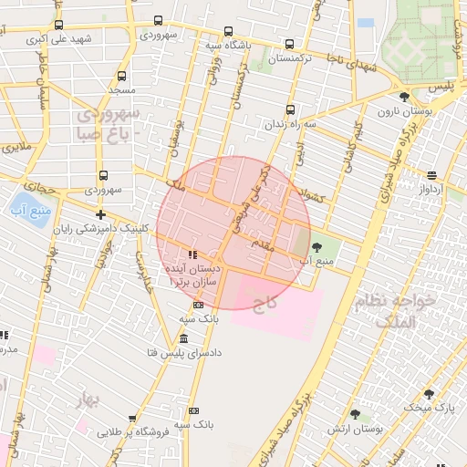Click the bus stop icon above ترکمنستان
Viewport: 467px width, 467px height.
pos(290,44)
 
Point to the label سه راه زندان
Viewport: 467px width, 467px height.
pos(291,123)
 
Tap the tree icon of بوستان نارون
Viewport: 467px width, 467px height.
pos(404,97)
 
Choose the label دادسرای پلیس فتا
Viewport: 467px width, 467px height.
pos(184,352)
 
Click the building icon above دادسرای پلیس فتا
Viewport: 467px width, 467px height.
pos(184,338)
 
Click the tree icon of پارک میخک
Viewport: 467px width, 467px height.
pos(429,394)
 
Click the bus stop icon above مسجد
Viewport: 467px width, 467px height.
pos(121,77)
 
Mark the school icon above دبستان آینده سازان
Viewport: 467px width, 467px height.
pos(191,254)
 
